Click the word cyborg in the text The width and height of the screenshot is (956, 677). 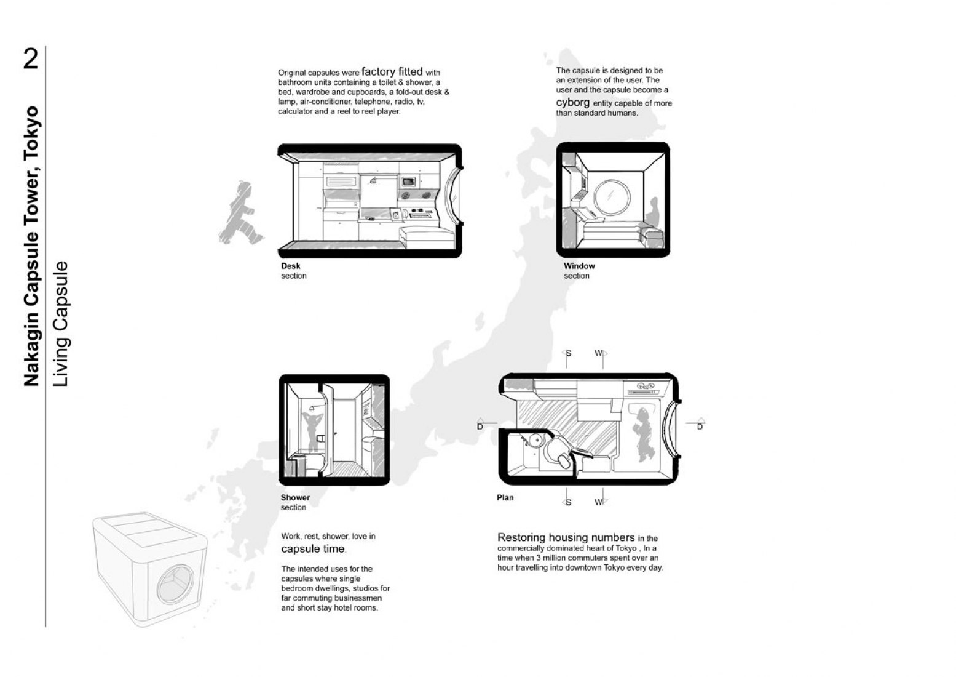tap(572, 103)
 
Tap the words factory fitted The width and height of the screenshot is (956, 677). tap(392, 71)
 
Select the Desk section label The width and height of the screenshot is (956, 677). tap(294, 271)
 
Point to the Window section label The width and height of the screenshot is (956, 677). tap(579, 271)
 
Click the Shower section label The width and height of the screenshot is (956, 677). tap(295, 502)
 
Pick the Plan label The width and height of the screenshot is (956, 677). tap(505, 498)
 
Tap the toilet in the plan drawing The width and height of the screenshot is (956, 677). tap(558, 454)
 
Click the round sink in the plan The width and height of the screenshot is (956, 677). tap(534, 440)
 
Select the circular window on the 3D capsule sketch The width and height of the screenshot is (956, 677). tap(175, 584)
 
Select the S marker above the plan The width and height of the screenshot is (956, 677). tap(567, 353)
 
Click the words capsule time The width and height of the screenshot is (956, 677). tap(313, 549)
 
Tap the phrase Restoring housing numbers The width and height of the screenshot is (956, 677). tap(566, 537)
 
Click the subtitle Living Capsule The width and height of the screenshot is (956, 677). tap(61, 324)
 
